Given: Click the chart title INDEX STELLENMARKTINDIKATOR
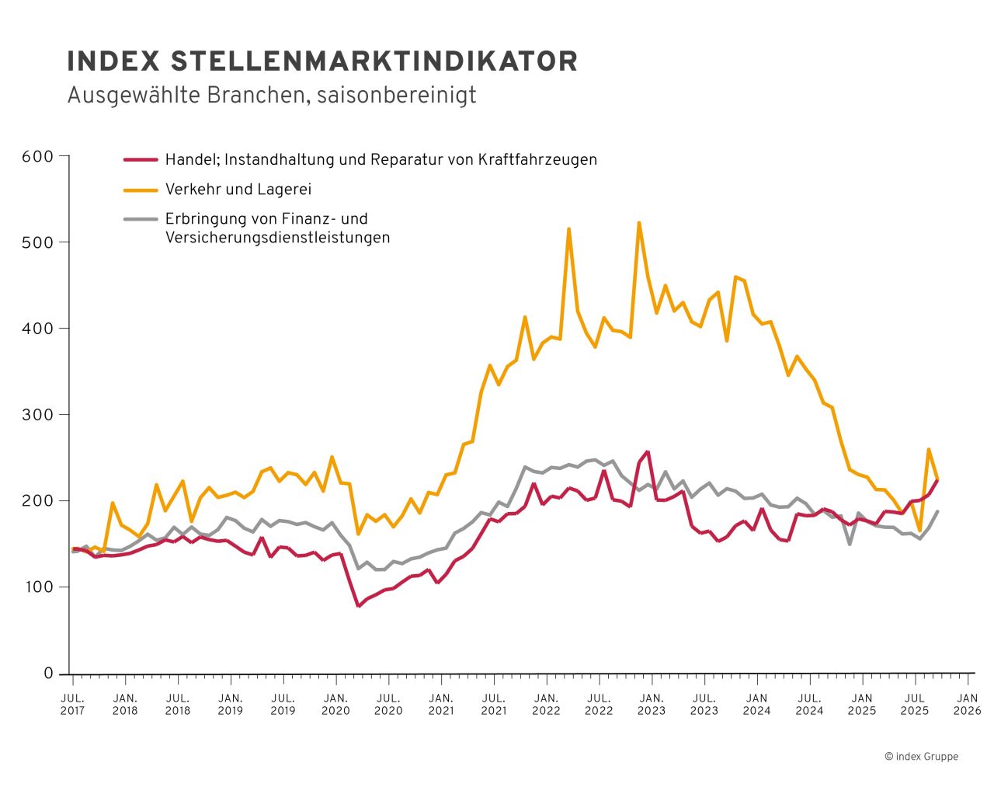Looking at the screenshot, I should tap(322, 61).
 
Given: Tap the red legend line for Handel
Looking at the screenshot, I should tap(141, 160).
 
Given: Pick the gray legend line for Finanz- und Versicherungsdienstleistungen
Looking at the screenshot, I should tap(141, 219).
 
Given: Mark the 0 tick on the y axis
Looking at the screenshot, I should tap(48, 674).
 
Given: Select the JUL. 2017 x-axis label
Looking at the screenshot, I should tap(72, 704).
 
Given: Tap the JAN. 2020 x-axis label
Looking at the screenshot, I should tap(335, 704).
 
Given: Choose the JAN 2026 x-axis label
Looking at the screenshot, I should tap(967, 704).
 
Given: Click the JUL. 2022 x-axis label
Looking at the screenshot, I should tap(599, 704).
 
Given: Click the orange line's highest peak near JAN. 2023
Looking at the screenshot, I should tap(639, 223).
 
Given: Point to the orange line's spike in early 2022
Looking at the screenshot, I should tap(568, 229).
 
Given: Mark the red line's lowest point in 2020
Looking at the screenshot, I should tap(358, 605).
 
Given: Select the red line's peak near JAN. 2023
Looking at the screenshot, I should tap(648, 451).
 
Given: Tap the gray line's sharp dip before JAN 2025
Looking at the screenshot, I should tap(850, 544).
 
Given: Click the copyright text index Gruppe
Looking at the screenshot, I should tap(921, 756).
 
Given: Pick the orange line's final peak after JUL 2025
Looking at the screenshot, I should tap(929, 449).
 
